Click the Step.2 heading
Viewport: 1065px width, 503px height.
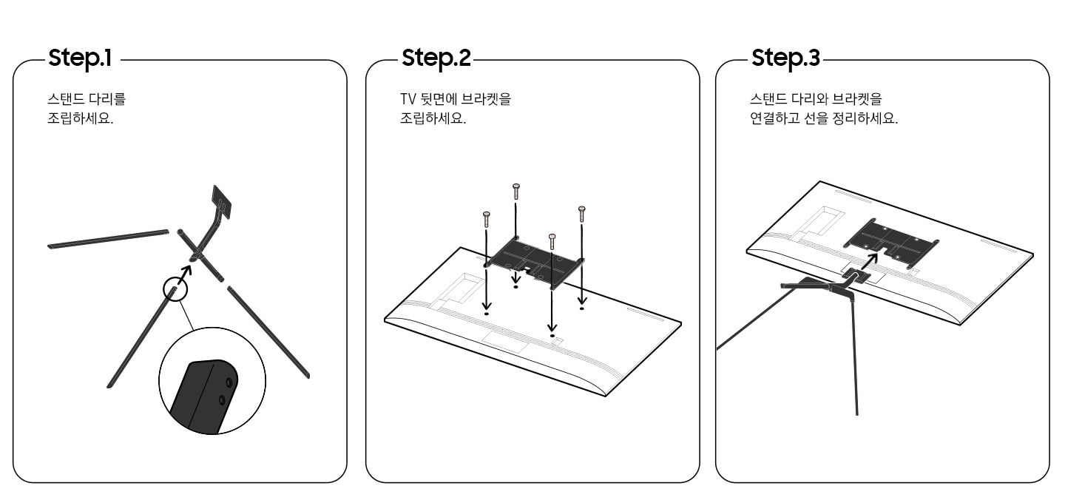(436, 58)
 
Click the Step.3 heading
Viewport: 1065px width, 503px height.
(785, 58)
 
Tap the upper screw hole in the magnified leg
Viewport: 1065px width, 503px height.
(228, 381)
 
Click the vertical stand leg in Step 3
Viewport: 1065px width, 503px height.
(856, 355)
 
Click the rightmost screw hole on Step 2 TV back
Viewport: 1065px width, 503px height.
(582, 308)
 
